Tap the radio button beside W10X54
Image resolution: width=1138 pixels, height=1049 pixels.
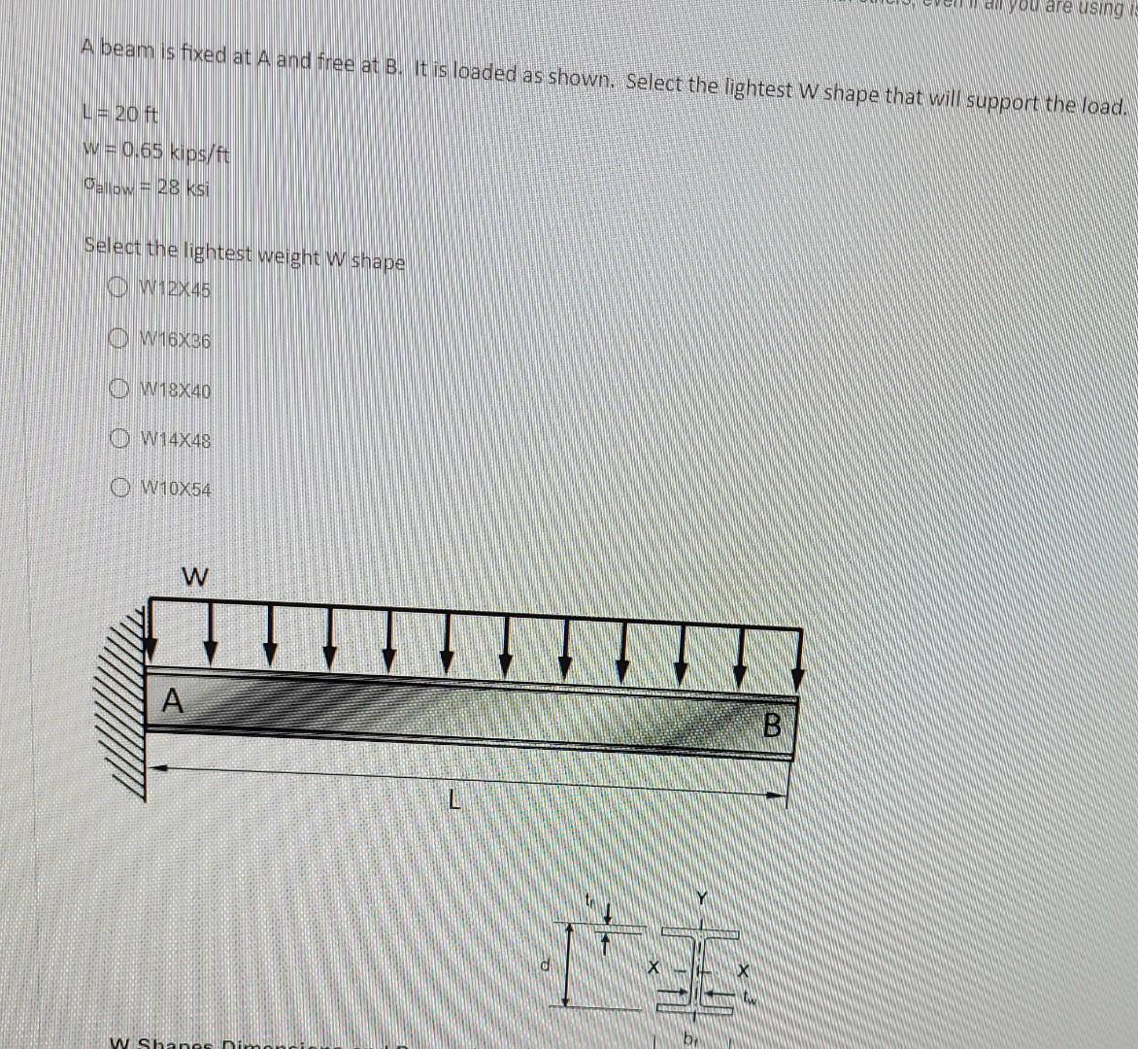click(122, 487)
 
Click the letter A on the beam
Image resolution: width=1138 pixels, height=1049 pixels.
click(172, 699)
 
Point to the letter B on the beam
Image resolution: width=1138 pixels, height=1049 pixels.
click(773, 725)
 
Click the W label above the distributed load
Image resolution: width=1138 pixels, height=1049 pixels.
click(194, 577)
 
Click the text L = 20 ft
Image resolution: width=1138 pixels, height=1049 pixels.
click(120, 114)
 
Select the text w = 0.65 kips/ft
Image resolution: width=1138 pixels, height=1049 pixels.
click(156, 152)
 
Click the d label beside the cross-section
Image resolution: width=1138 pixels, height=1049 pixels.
click(547, 965)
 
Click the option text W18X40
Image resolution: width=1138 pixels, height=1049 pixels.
click(176, 391)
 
